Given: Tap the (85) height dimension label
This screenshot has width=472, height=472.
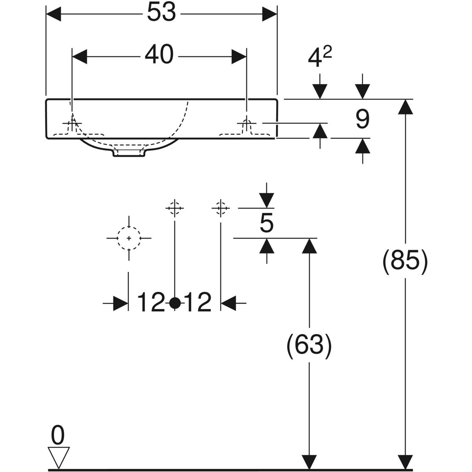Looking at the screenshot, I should click(x=405, y=261).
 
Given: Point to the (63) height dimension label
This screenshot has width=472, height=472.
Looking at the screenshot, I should click(x=309, y=346).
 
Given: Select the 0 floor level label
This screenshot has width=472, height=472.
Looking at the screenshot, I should click(x=57, y=436).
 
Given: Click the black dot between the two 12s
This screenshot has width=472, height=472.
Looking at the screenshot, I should click(x=175, y=303).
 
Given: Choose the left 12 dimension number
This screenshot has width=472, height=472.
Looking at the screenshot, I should click(x=151, y=303).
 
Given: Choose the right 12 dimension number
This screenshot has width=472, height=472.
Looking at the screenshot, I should click(x=198, y=303).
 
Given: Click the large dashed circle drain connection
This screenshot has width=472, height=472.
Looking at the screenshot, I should click(x=129, y=238).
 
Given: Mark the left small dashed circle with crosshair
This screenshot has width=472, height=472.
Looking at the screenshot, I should click(x=174, y=207).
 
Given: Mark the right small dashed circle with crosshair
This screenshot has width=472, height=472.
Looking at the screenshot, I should click(x=221, y=207).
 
